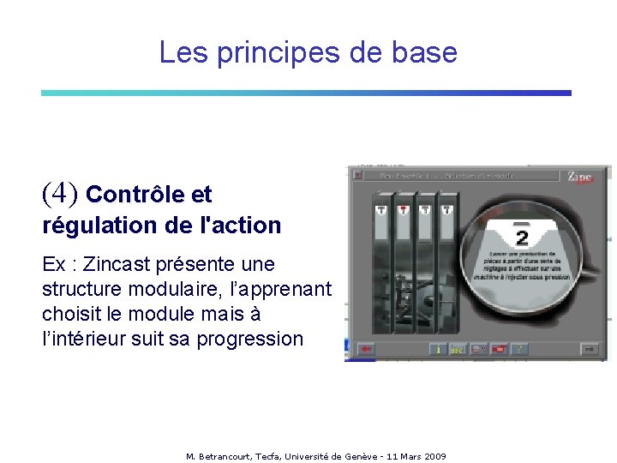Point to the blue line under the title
[306, 93]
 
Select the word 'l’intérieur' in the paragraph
[82, 339]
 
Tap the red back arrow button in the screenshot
[367, 349]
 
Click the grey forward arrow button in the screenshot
[589, 349]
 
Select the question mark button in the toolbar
[519, 349]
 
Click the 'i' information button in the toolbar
[438, 349]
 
